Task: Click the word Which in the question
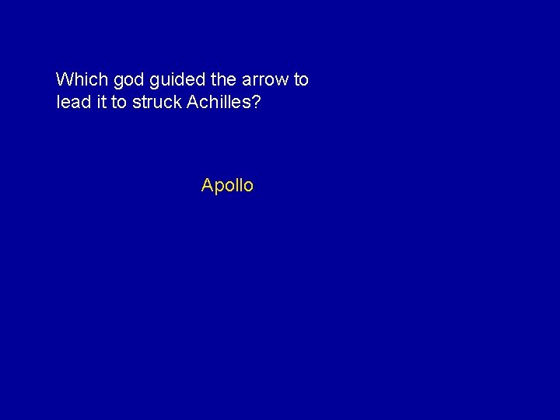pos(82,79)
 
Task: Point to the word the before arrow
pos(220,79)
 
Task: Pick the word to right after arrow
pos(301,79)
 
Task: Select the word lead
pos(74,102)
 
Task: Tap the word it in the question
pos(102,102)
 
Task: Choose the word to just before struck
pos(119,102)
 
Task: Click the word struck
pos(157,102)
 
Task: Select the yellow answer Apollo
pos(227,185)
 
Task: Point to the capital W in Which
pos(65,79)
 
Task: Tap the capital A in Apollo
pos(207,185)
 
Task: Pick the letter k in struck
pos(177,102)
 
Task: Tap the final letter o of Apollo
pos(247,186)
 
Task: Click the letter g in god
pos(117,81)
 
